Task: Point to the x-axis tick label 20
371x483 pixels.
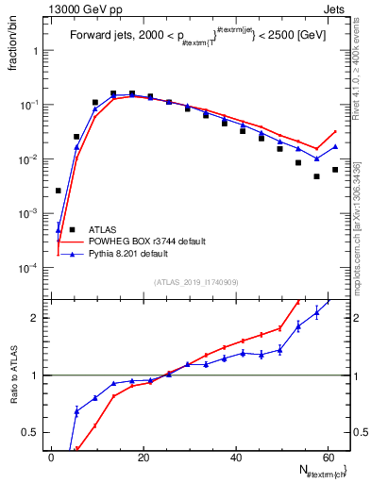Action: click(143, 457)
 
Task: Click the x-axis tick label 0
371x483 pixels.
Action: click(51, 457)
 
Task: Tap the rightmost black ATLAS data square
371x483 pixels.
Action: click(335, 170)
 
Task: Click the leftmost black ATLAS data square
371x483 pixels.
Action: click(58, 191)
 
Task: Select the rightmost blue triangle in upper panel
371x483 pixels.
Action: click(335, 146)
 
